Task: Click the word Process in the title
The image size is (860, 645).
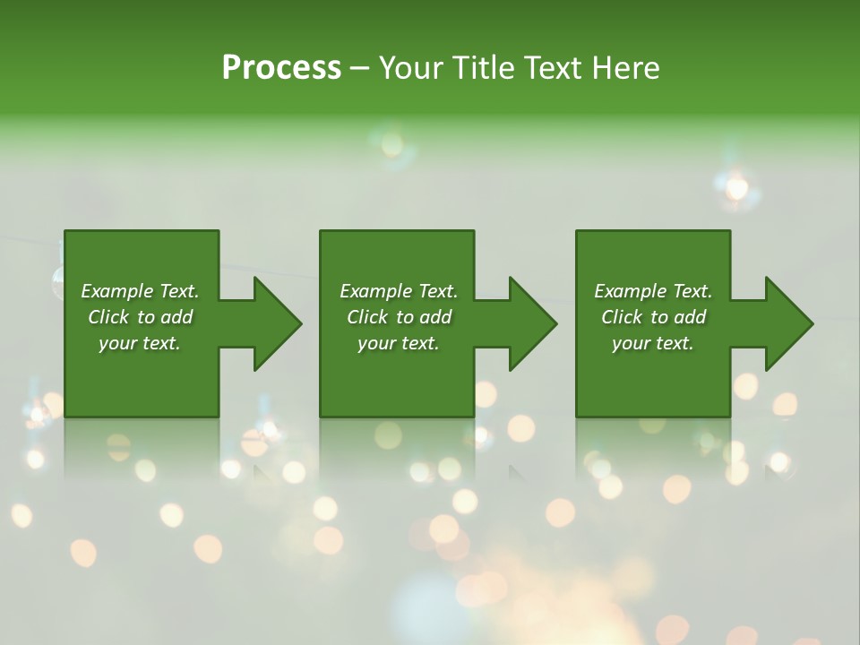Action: click(x=281, y=68)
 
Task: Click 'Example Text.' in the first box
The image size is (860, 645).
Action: click(x=141, y=291)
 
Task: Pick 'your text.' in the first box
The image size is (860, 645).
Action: click(x=141, y=343)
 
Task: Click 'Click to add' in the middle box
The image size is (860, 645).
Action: click(x=399, y=317)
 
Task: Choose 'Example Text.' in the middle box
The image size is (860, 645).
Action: click(x=399, y=291)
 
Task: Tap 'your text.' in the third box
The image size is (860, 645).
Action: click(x=653, y=343)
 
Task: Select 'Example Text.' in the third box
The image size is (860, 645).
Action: click(x=653, y=291)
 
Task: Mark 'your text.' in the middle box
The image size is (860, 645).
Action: click(x=399, y=343)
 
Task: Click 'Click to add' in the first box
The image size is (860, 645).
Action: click(x=141, y=317)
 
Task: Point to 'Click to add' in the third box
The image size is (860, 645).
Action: click(x=653, y=317)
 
